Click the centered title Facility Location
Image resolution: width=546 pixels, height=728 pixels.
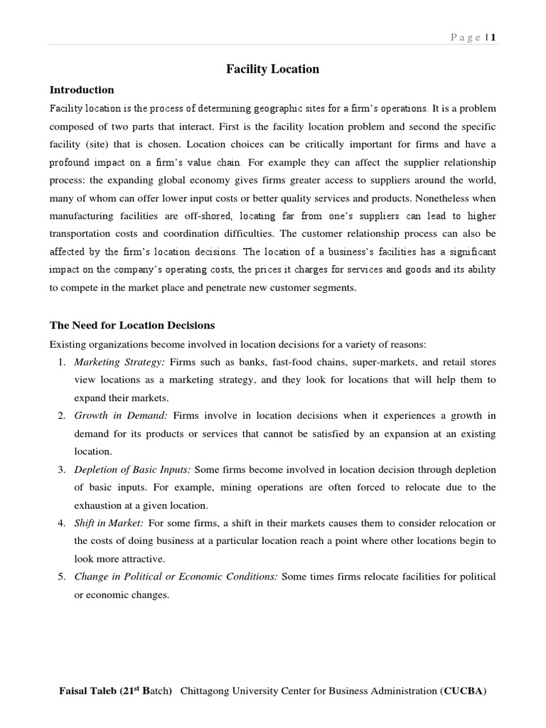point(272,69)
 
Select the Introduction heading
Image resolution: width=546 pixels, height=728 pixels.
point(81,90)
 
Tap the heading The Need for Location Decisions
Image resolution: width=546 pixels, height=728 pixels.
point(132,325)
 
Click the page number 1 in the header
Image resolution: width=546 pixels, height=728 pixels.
point(492,38)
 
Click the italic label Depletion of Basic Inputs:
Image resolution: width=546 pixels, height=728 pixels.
point(132,469)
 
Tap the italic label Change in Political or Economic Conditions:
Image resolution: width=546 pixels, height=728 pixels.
point(176,576)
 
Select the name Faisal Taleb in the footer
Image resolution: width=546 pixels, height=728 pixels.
point(88,691)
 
